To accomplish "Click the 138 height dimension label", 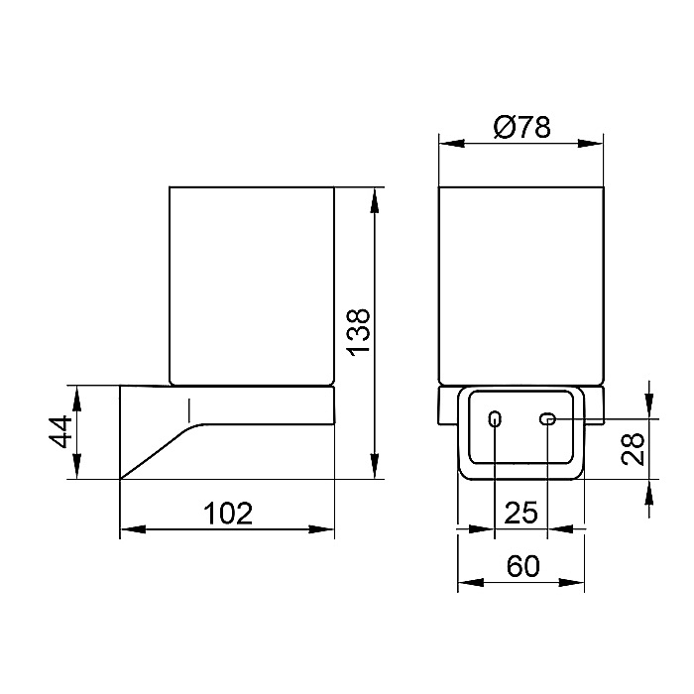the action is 359,331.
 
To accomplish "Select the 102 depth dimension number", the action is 228,514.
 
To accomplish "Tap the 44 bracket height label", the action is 60,431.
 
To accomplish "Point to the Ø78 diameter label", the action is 521,127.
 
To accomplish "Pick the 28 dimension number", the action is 633,449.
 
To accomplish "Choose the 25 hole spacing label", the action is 520,513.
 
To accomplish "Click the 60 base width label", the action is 523,566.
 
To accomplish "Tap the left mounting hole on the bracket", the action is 495,418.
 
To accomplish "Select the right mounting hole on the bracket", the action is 547,418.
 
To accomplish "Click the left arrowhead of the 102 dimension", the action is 133,528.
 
